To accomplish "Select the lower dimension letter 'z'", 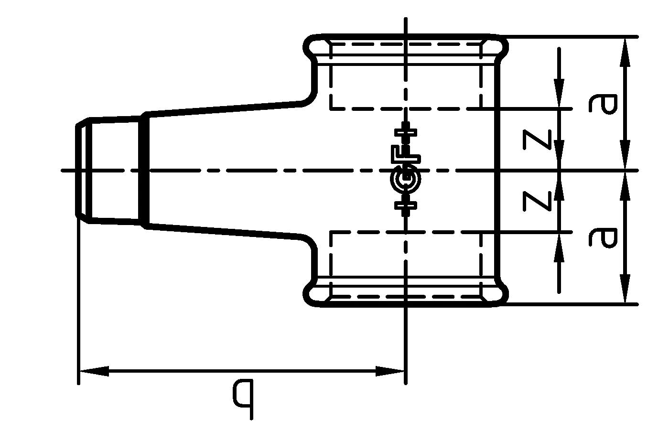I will (x=537, y=201).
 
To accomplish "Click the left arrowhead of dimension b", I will (x=93, y=371).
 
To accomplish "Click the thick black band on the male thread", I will (x=144, y=170).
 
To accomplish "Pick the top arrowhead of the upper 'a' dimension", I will (x=625, y=50).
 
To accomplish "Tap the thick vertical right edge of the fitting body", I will (x=498, y=170).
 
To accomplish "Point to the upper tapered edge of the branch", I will (x=225, y=107).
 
